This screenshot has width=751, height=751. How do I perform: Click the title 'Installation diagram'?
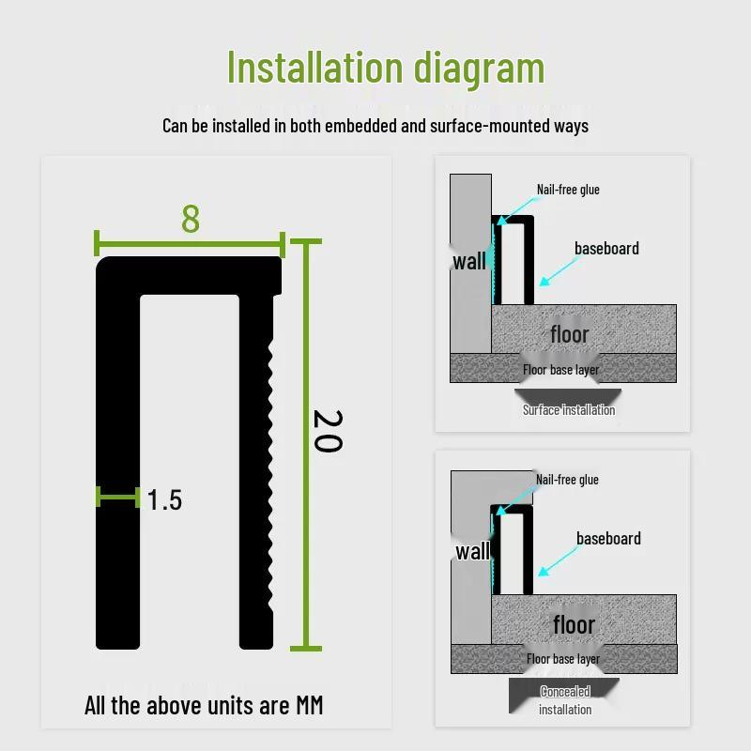click(x=386, y=68)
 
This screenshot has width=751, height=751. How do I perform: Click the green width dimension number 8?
click(x=191, y=219)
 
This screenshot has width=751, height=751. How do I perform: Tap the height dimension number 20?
click(x=326, y=431)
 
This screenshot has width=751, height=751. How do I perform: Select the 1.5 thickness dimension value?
click(x=164, y=500)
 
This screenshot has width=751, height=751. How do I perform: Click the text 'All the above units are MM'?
click(x=204, y=705)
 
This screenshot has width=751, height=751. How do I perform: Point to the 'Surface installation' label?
click(x=569, y=409)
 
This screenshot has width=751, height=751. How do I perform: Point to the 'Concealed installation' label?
click(x=565, y=700)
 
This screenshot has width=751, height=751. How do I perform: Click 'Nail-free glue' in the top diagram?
click(x=568, y=190)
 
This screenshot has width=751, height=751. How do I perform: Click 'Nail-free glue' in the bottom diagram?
click(x=567, y=480)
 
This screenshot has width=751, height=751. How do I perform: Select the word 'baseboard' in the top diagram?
click(x=606, y=249)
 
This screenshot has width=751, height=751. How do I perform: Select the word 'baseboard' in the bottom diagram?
click(x=608, y=539)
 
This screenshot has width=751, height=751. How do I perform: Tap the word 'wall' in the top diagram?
click(x=469, y=261)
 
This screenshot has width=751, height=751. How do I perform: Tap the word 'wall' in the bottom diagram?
click(x=472, y=551)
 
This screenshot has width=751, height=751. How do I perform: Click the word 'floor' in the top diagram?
click(x=570, y=334)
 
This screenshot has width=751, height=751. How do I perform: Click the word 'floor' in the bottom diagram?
click(x=574, y=624)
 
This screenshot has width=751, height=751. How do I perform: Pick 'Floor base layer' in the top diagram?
click(x=560, y=370)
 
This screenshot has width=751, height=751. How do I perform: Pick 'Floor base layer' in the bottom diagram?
click(x=563, y=659)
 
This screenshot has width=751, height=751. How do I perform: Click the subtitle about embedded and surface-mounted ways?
click(x=375, y=126)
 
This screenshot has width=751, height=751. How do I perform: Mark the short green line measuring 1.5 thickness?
click(x=117, y=497)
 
